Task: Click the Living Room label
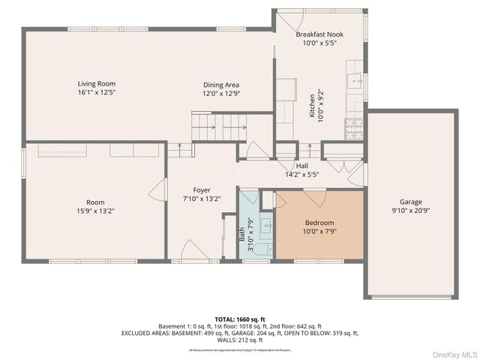97,84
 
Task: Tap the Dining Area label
221,84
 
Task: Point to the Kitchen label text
313,106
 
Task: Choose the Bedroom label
319,223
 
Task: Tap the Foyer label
202,190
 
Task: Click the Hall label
301,166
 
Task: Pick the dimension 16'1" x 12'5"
97,93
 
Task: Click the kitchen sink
353,77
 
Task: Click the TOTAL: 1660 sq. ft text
239,319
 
